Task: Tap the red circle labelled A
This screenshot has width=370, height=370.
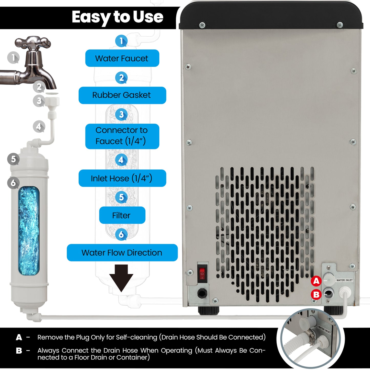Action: click(316, 281)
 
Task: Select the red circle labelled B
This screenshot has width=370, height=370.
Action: click(316, 294)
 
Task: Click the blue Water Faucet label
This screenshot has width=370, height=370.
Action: click(122, 58)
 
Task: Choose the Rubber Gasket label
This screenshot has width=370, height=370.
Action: click(122, 95)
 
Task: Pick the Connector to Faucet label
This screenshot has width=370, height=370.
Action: click(122, 136)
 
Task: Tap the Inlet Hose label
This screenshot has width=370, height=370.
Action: click(122, 178)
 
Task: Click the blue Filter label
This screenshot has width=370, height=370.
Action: click(122, 215)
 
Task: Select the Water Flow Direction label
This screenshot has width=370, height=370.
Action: click(122, 252)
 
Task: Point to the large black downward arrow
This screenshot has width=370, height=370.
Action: click(121, 278)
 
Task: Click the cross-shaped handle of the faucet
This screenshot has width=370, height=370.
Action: click(33, 43)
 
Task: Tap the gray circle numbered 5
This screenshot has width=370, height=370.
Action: click(13, 159)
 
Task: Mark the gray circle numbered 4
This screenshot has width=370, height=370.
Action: click(39, 126)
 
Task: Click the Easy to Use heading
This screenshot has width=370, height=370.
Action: click(118, 17)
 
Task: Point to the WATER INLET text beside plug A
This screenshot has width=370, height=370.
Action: click(344, 280)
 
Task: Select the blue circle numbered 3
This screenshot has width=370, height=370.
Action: click(121, 115)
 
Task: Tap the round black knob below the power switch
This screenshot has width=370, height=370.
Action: click(202, 293)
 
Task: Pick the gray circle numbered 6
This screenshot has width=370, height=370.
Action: click(13, 183)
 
